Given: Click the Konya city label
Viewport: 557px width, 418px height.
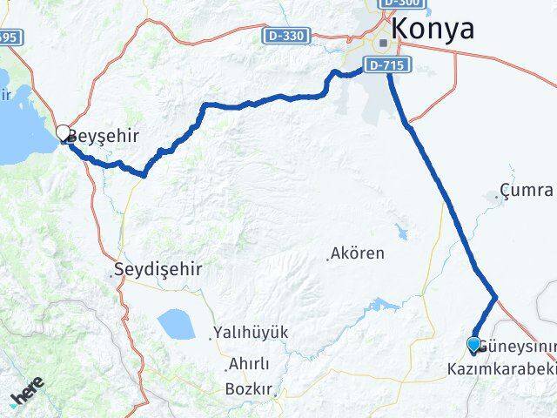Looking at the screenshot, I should point(433,30).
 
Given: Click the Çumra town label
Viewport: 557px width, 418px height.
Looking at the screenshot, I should point(527,190).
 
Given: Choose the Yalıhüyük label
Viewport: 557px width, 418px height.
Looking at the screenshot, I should point(253,333).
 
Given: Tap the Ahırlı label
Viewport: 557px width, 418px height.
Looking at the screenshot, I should point(249,364).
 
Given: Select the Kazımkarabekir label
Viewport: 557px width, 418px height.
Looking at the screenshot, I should point(501,370).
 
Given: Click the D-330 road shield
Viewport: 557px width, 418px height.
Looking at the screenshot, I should point(284,36).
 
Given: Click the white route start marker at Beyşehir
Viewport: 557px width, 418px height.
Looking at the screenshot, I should point(64,133).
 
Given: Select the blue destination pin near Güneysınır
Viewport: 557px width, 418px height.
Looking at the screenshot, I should point(473,346).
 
